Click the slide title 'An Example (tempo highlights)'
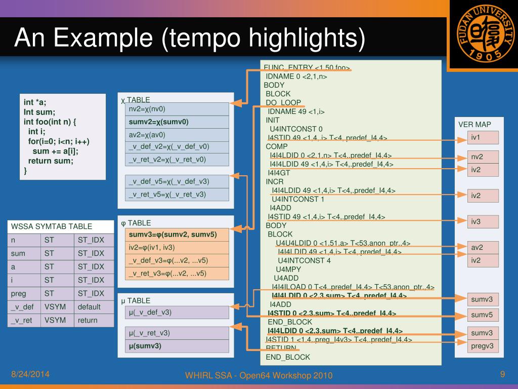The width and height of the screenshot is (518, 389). point(189,38)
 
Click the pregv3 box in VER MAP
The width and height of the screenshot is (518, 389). point(484,346)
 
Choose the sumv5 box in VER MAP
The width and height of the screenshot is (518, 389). point(484,315)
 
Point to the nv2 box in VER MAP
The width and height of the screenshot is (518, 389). point(484,157)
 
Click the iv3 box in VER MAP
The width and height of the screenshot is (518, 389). point(484,221)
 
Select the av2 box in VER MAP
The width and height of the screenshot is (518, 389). point(484,248)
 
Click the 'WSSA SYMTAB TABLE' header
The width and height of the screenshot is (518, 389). point(52,226)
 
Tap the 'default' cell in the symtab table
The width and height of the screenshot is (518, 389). point(90,306)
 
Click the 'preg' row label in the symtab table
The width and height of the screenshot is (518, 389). point(18,293)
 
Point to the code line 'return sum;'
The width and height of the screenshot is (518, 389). point(51,161)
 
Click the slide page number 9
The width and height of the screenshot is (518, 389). point(502,374)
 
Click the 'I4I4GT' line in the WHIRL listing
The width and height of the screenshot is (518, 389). point(280,173)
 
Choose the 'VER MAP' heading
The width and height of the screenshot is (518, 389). point(474,125)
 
